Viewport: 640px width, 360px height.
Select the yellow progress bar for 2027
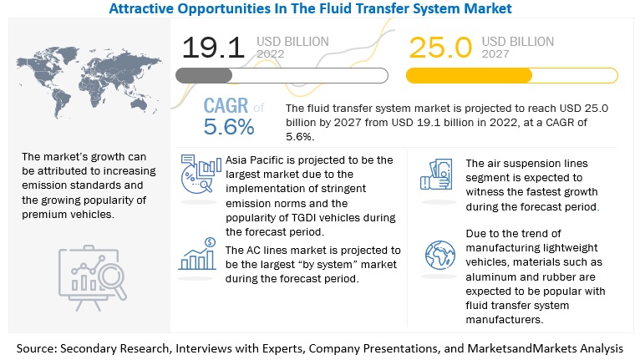pos(469,75)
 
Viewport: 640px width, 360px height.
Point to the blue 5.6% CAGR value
pos(228,128)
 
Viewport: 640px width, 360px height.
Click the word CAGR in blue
pos(226,107)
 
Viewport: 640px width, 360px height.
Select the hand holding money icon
pos(437,173)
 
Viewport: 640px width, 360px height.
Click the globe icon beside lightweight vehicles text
pos(439,254)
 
